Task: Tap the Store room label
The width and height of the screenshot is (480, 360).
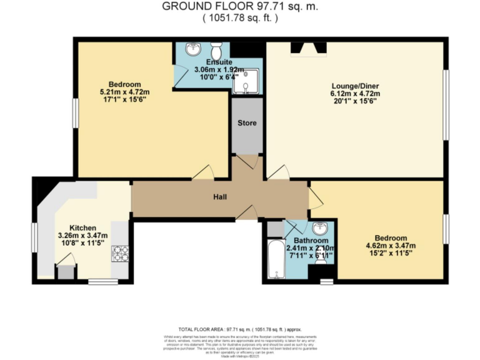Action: tap(246, 122)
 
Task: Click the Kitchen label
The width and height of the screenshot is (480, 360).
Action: tap(82, 227)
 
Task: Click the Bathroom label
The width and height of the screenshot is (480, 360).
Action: tap(311, 241)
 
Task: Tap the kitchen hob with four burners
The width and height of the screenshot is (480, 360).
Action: tap(120, 253)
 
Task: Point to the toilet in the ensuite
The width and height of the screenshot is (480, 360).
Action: tap(217, 50)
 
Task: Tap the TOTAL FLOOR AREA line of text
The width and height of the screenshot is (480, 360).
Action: tap(240, 328)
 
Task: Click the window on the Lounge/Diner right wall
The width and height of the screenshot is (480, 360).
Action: tap(446, 104)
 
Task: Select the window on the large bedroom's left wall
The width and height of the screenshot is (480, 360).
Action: tap(74, 113)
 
